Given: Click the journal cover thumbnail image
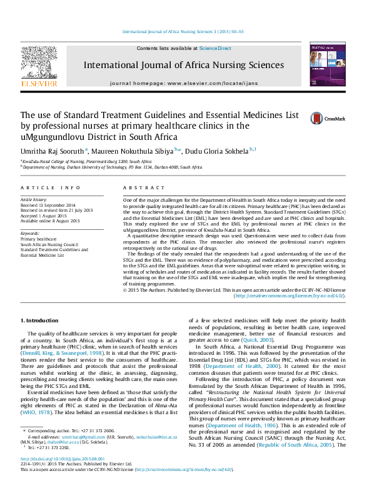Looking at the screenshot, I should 323,64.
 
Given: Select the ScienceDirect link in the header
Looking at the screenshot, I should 215,49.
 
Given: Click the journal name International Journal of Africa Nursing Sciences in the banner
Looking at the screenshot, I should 183,65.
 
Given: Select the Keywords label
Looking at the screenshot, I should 30,232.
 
